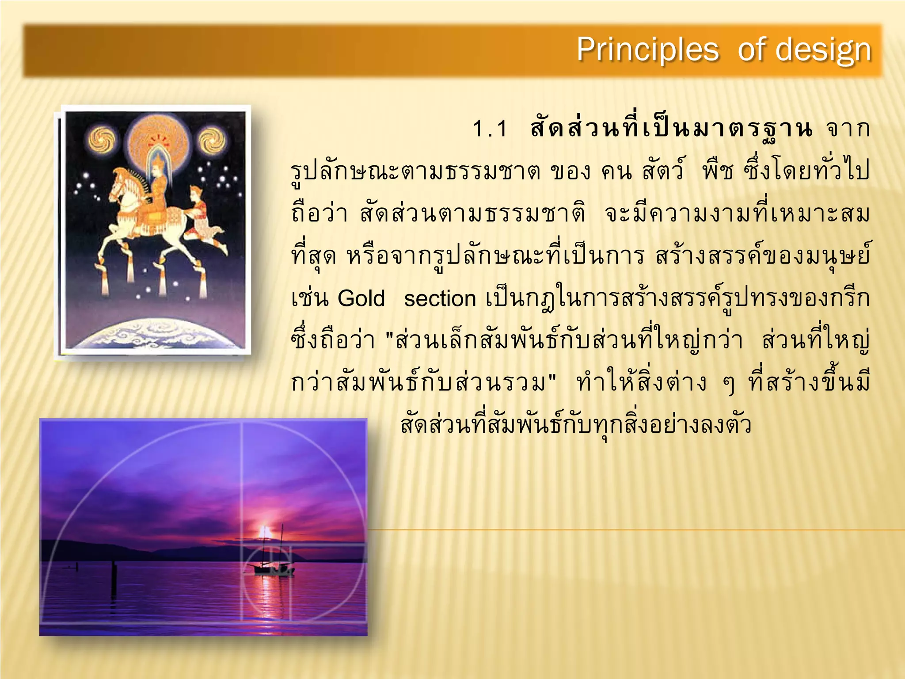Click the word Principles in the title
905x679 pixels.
point(647,50)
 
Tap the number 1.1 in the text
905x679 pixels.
point(490,129)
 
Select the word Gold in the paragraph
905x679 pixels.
point(361,298)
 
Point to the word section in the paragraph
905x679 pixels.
point(440,299)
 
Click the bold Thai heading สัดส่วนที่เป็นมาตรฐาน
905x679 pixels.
point(671,129)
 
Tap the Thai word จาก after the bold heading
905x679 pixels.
point(848,129)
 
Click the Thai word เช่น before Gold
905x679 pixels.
point(310,298)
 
